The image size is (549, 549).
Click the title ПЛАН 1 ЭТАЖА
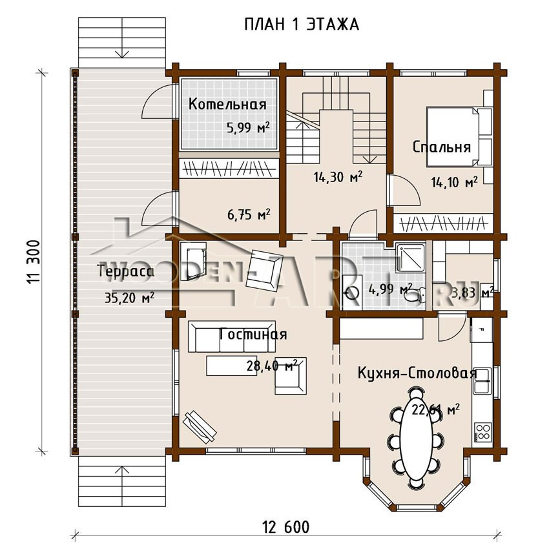point(302,25)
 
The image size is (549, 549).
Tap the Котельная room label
point(227,105)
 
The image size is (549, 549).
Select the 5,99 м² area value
point(248,127)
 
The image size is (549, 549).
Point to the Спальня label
point(442,147)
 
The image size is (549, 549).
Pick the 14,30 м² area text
point(338,177)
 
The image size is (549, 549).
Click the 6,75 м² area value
point(249,214)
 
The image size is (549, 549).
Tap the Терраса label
point(125,272)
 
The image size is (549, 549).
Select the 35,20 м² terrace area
point(130,298)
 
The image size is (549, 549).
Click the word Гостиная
point(253,335)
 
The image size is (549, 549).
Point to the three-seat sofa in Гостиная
point(232,337)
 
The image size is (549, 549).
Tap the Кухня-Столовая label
point(417,373)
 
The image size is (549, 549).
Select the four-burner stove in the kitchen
point(483,431)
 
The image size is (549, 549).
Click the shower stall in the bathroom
point(411,258)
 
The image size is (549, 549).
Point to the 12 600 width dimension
point(286,526)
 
